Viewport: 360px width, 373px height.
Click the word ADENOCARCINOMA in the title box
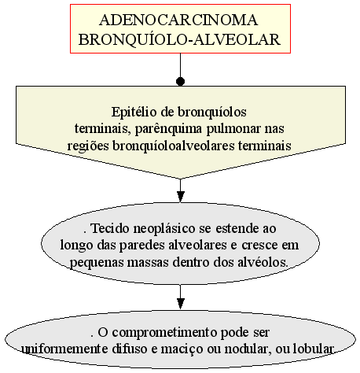pyautogui.click(x=178, y=20)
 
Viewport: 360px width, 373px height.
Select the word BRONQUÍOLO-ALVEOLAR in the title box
pyautogui.click(x=179, y=39)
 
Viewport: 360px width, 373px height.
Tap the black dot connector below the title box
pyautogui.click(x=180, y=82)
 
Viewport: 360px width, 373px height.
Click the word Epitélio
pyautogui.click(x=134, y=113)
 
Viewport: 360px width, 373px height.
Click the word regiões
pyautogui.click(x=88, y=146)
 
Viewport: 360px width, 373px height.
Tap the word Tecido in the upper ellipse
pyautogui.click(x=110, y=228)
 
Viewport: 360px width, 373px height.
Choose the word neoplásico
pyautogui.click(x=164, y=229)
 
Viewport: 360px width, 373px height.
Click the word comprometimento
pyautogui.click(x=164, y=333)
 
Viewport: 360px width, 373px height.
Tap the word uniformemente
pyautogui.click(x=64, y=349)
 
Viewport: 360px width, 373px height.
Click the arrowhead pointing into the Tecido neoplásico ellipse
pyautogui.click(x=180, y=197)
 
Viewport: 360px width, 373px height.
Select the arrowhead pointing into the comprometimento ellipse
pyautogui.click(x=180, y=304)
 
